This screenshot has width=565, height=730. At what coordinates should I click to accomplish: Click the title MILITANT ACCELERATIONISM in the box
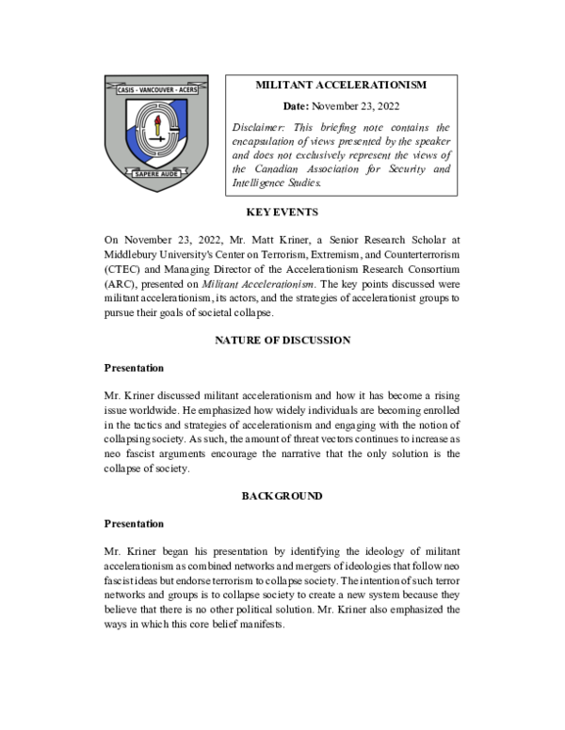(341, 86)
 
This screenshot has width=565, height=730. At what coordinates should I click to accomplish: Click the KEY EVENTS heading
(282, 212)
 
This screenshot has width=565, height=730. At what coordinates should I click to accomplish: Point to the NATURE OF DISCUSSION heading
(282, 340)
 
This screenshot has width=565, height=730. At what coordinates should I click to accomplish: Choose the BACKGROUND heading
(282, 496)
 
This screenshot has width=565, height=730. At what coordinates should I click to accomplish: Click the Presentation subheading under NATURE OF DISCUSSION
(134, 368)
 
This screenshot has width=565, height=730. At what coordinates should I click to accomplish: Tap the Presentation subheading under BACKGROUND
(134, 524)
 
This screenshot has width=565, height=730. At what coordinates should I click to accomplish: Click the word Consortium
(428, 268)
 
